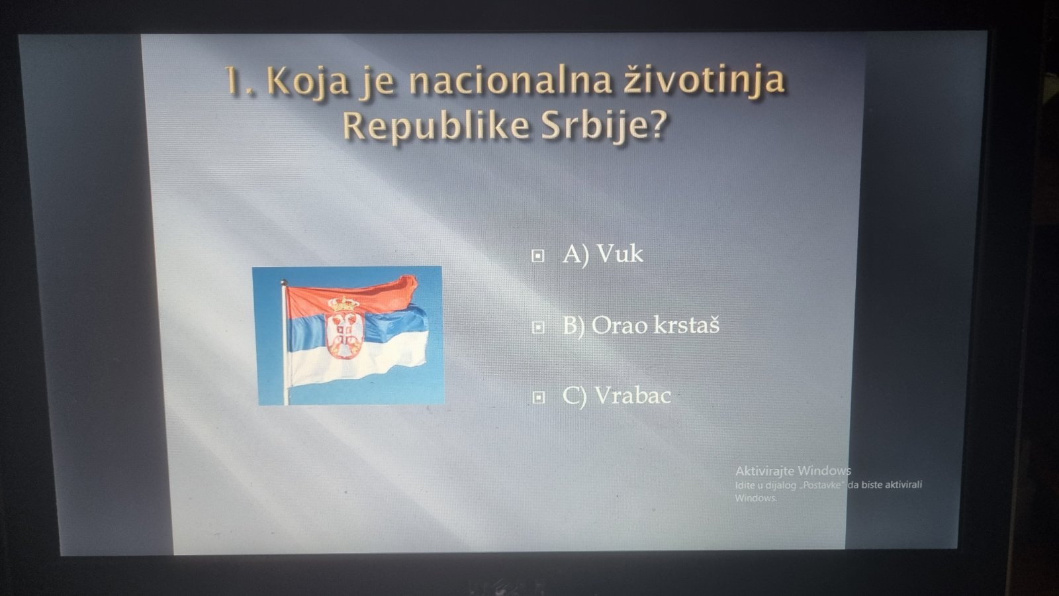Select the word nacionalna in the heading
510,80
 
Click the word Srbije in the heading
596,126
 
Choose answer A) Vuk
603,254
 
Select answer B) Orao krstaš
641,325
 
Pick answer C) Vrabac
616,396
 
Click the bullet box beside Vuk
538,256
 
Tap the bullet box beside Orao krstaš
538,327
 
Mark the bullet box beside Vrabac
539,398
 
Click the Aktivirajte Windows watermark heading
793,471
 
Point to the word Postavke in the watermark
823,485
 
